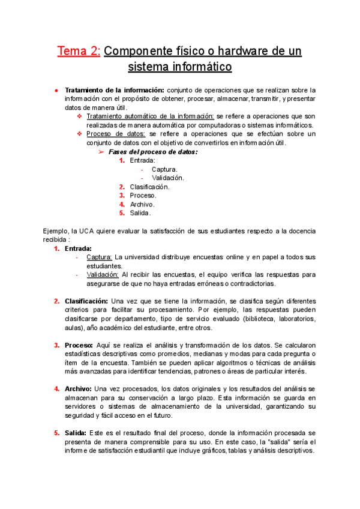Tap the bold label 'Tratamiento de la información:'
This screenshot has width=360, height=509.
point(115,90)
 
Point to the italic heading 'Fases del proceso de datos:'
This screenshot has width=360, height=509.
point(153,152)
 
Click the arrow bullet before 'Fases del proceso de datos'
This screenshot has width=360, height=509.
point(101,152)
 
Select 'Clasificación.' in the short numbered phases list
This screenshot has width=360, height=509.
point(149,187)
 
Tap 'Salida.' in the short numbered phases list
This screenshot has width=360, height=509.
point(140,212)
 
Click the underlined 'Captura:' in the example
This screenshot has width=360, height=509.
point(99,257)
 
